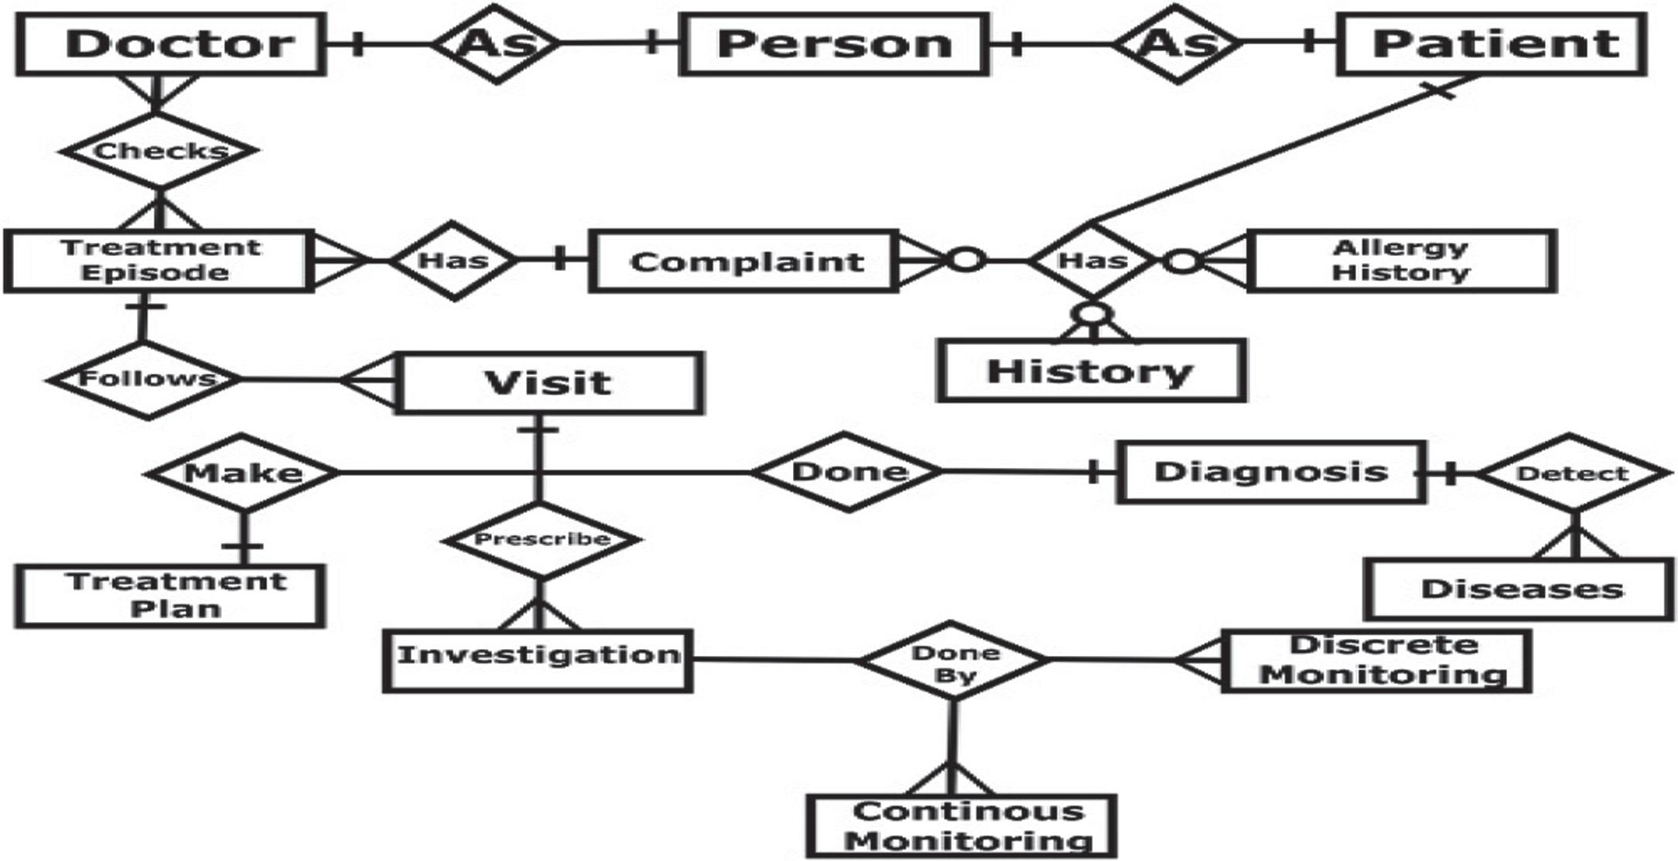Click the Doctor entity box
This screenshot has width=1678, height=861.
pos(170,44)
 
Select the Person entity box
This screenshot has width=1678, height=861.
pos(833,44)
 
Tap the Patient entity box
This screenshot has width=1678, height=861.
pos(1491,44)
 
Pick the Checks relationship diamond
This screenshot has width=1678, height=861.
pos(159,150)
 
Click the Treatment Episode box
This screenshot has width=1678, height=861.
pos(159,261)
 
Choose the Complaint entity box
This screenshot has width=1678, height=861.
pos(743,261)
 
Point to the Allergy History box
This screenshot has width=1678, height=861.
pos(1400,261)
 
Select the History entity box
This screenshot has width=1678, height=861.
pos(1091,371)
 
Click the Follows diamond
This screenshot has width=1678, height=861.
pos(145,379)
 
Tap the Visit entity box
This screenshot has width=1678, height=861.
pos(549,383)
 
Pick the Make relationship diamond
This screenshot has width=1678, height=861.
pos(243,473)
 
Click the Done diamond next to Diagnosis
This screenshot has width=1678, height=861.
pos(849,472)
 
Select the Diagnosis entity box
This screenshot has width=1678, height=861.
pos(1270,472)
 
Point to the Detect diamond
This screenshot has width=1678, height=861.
pos(1574,473)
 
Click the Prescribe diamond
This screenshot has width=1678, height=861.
pos(541,539)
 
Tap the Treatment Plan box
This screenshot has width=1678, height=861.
pos(170,595)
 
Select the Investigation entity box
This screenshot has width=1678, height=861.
pos(538,659)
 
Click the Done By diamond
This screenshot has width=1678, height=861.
pos(953,661)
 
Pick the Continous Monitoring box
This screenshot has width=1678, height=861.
pos(961,825)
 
